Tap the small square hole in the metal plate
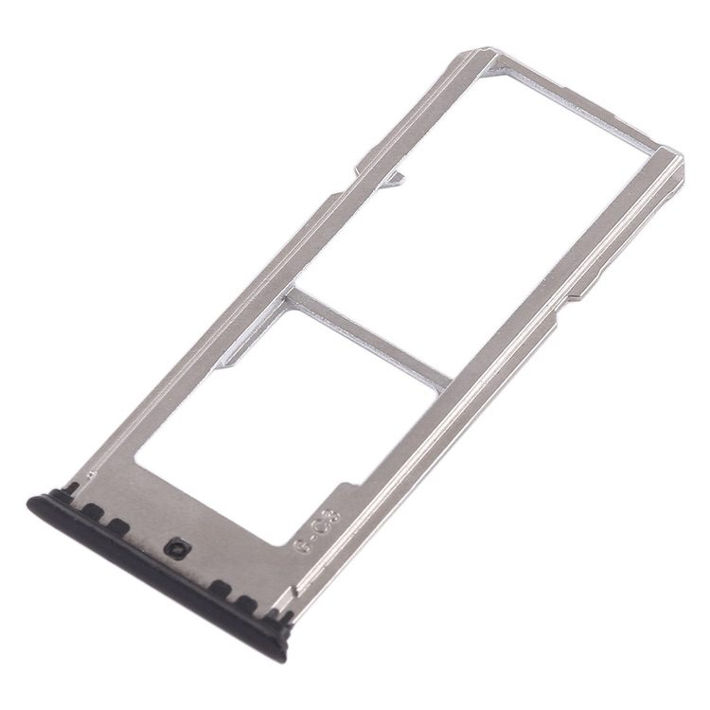click(175, 548)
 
